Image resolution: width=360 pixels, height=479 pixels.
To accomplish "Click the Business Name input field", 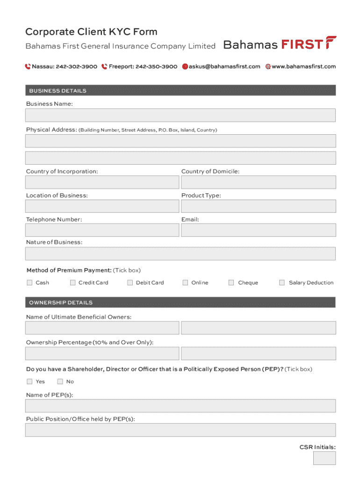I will [180, 115].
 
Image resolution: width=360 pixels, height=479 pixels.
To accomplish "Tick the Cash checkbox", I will [29, 283].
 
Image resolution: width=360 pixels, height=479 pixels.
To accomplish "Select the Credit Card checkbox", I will [72, 283].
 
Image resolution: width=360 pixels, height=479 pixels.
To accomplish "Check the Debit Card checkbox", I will [130, 283].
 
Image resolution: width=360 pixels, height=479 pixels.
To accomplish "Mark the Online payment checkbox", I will [185, 283].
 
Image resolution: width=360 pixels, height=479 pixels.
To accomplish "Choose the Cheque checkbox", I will [231, 283].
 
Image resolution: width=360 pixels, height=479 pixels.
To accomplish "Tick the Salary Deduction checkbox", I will [282, 283].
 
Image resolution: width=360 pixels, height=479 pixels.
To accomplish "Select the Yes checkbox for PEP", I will [29, 381].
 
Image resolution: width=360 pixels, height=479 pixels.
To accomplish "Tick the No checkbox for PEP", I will [60, 381].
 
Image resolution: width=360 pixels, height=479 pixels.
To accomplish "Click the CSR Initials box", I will [324, 458].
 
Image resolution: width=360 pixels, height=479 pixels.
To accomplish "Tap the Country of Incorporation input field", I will [102, 182].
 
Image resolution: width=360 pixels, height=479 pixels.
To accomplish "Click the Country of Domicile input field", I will [258, 182].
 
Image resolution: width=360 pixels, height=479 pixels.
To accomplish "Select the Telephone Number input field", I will [102, 230].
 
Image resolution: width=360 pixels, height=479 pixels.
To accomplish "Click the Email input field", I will [258, 230].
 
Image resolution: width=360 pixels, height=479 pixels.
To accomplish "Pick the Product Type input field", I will [258, 206].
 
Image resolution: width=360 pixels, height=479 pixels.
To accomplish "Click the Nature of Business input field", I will [180, 254].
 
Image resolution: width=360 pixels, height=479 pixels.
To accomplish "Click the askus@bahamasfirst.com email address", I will [224, 66].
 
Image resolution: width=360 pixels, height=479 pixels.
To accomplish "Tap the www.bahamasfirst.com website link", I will [303, 66].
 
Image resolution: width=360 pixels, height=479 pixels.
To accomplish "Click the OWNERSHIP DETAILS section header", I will [180, 303].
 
